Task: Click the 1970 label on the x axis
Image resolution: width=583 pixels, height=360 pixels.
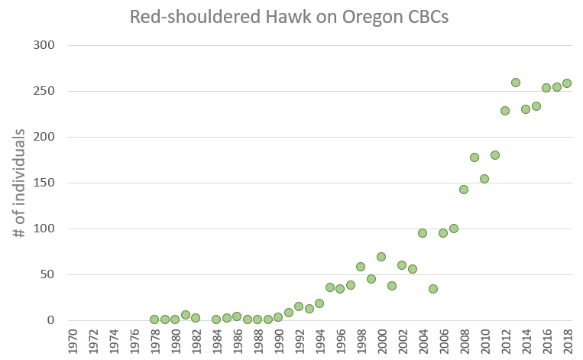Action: [x=73, y=341]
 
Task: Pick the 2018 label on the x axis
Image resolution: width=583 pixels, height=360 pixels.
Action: [x=568, y=341]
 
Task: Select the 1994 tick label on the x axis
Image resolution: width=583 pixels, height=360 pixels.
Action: [x=320, y=341]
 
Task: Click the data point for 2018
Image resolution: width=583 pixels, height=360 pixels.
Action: [x=567, y=83]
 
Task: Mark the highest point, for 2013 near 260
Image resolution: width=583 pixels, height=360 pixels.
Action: [x=516, y=83]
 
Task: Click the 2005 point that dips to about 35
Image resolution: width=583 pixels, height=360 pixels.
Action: [x=433, y=289]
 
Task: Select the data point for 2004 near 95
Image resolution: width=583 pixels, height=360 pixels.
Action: [x=423, y=233]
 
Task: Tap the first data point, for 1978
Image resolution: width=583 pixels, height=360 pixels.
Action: [x=154, y=319]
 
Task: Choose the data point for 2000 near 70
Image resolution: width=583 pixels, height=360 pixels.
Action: [x=381, y=257]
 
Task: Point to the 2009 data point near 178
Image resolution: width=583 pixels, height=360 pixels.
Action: [x=474, y=157]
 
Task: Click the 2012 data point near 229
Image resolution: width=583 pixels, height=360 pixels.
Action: [x=505, y=111]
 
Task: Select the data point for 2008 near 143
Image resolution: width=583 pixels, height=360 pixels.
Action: [x=464, y=190]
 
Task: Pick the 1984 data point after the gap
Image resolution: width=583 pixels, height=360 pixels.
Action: [x=216, y=319]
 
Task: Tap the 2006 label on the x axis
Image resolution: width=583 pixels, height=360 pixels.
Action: [x=444, y=341]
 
